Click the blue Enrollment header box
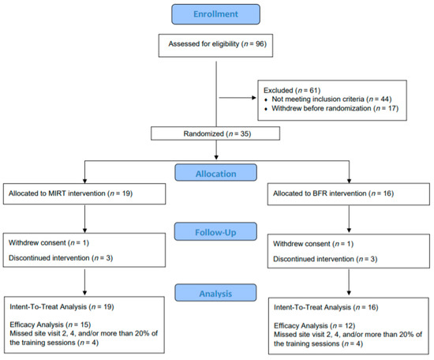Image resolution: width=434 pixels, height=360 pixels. click(215, 14)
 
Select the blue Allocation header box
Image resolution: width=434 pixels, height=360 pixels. click(216, 173)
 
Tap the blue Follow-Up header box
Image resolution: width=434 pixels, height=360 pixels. click(215, 231)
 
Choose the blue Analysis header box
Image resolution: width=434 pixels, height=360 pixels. click(215, 293)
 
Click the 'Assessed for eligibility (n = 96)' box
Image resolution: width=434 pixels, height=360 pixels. click(215, 46)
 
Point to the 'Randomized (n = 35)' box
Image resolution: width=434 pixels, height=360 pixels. click(215, 133)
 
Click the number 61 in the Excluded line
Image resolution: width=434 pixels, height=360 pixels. click(314, 90)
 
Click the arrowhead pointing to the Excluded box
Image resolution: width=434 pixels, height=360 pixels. click(254, 98)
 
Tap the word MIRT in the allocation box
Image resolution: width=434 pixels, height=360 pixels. click(58, 193)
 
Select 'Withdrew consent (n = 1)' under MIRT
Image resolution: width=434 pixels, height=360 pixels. click(49, 243)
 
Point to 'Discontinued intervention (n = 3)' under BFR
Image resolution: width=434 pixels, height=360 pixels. click(325, 259)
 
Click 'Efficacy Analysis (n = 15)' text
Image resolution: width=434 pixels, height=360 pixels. click(51, 324)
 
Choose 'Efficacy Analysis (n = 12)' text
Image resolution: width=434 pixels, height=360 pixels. click(314, 326)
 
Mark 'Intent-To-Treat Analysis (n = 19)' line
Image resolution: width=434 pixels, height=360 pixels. click(62, 307)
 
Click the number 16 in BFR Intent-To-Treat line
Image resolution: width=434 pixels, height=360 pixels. click(372, 307)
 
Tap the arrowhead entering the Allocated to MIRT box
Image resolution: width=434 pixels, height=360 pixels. click(84, 181)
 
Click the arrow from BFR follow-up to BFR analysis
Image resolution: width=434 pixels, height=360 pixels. click(349, 282)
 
